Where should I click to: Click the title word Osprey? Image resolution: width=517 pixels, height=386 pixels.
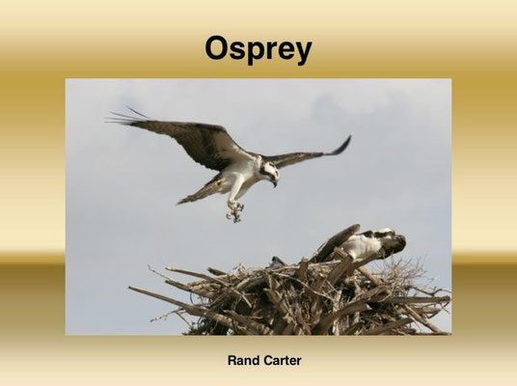[x=258, y=49]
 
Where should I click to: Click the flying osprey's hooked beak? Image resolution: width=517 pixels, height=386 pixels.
[x=274, y=182]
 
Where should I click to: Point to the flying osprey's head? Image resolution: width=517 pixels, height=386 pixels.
[x=270, y=172]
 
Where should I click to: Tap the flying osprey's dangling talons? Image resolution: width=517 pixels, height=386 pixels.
[x=235, y=211]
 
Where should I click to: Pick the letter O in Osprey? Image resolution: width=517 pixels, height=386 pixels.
[x=217, y=48]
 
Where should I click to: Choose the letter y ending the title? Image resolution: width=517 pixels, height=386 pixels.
[x=301, y=53]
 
